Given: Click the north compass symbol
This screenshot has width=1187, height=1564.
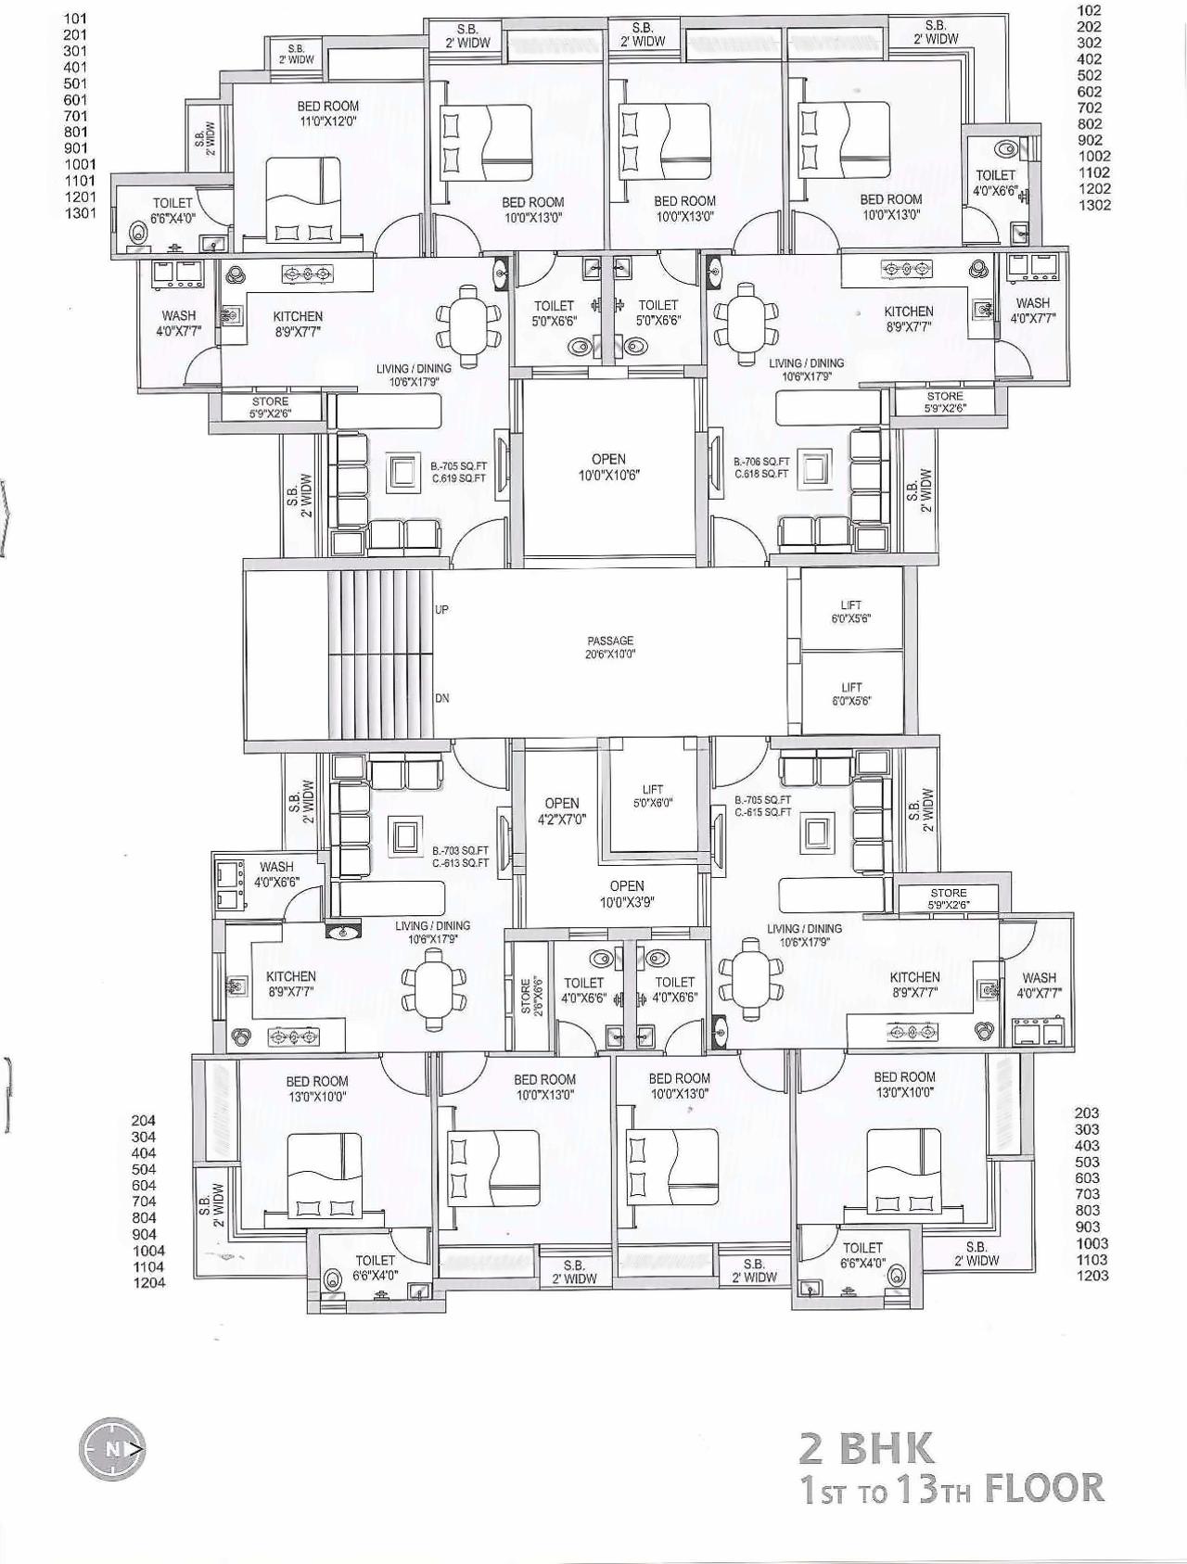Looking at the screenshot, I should (x=113, y=1448).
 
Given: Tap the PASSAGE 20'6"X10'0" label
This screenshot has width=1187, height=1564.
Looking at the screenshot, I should (x=610, y=647).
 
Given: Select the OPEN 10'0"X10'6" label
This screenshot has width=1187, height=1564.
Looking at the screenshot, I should (x=608, y=467).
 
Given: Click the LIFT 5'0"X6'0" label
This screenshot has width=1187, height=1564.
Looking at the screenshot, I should (x=653, y=796).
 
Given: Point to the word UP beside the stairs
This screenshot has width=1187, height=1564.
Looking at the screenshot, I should (x=441, y=610).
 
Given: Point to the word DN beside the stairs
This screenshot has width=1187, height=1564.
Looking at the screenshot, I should (x=442, y=698).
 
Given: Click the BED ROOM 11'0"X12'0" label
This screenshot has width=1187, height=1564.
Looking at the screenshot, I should (x=328, y=113).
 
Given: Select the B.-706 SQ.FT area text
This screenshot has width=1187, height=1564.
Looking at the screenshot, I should (x=761, y=461).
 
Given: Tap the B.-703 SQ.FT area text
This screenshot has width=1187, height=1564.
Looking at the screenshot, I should (x=460, y=850).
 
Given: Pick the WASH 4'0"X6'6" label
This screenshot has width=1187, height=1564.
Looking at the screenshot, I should (x=276, y=874).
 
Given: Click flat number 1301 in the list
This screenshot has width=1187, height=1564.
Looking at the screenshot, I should (x=81, y=213).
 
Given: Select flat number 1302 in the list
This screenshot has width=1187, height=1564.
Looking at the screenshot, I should (x=1094, y=205).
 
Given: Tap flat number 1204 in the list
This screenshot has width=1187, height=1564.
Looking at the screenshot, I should (x=148, y=1283).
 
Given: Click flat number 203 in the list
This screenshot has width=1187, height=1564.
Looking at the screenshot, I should (x=1087, y=1113).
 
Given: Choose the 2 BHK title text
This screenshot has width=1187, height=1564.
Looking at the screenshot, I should (x=868, y=1448).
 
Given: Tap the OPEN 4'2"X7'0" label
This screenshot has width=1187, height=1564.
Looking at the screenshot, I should (x=562, y=811).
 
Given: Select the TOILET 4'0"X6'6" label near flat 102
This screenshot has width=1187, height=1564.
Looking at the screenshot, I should (x=996, y=183).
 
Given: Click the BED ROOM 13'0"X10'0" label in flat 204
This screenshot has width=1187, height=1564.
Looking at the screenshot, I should (x=317, y=1088).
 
